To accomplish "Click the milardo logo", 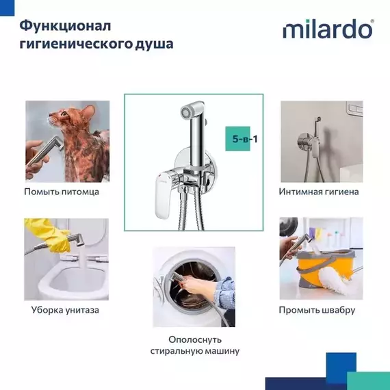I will click(328, 30).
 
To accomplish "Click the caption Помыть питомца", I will click(62, 192).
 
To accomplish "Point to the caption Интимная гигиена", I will click(319, 192).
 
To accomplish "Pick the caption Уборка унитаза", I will click(65, 310).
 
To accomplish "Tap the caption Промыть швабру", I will click(317, 310).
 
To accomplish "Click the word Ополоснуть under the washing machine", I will click(194, 339).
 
